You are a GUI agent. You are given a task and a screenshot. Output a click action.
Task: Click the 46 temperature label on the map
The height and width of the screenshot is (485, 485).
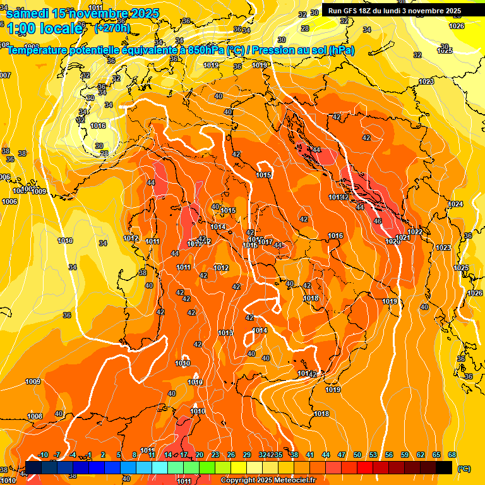tap(378, 222)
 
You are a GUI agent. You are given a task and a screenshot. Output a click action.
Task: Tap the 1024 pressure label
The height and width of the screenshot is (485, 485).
tap(455, 204)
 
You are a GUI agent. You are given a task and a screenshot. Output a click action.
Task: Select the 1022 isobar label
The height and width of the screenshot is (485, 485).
tap(415, 232)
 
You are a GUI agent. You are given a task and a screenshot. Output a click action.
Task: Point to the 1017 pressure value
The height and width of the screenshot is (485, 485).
tap(265, 242)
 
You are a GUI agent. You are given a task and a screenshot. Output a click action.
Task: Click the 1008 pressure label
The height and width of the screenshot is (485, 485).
tap(35, 416)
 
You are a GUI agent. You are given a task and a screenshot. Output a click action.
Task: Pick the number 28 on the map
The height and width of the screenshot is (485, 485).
tap(305, 28)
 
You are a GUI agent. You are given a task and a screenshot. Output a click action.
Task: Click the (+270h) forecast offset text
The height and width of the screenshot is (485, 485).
tap(112, 28)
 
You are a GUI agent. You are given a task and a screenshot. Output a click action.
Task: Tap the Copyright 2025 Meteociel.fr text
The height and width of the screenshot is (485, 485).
tap(268, 481)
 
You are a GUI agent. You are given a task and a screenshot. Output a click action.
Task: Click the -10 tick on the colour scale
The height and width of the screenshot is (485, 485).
tap(43, 455)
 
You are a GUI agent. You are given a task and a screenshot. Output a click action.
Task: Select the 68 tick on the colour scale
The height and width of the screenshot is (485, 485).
tap(452, 455)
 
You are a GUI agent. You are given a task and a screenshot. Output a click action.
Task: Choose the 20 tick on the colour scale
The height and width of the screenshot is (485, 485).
tap(200, 455)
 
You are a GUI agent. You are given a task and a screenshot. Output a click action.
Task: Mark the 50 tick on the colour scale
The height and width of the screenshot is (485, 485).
tap(357, 455)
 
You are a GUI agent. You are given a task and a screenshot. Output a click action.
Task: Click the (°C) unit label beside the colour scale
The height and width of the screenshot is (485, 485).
tap(464, 469)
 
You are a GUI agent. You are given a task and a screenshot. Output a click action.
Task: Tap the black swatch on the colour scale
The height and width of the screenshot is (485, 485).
tap(444, 467)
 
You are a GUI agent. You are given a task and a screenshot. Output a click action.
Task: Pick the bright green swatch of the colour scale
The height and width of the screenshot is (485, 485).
tap(207, 467)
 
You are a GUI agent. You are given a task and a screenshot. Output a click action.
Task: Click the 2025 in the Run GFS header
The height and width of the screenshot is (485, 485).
tap(452, 11)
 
